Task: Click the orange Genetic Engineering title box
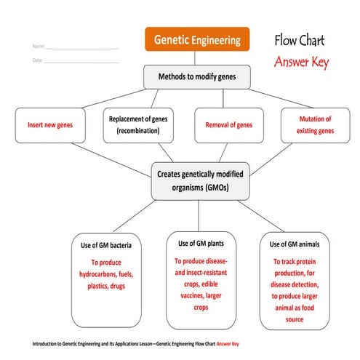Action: click(196, 40)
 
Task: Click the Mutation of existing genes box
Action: click(315, 125)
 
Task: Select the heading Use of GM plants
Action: click(201, 242)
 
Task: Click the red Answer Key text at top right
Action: click(301, 63)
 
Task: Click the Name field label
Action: click(38, 47)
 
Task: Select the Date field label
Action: click(37, 60)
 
